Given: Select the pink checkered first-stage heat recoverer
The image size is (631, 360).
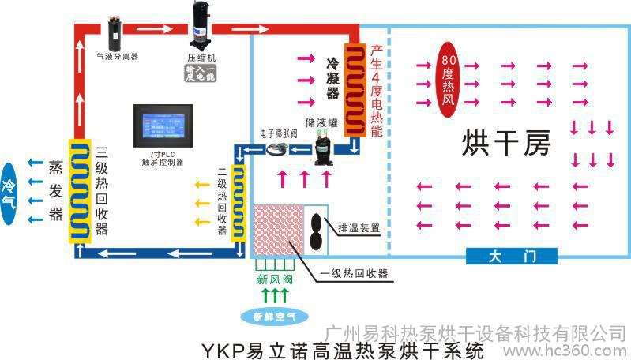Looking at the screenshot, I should (279, 229).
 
